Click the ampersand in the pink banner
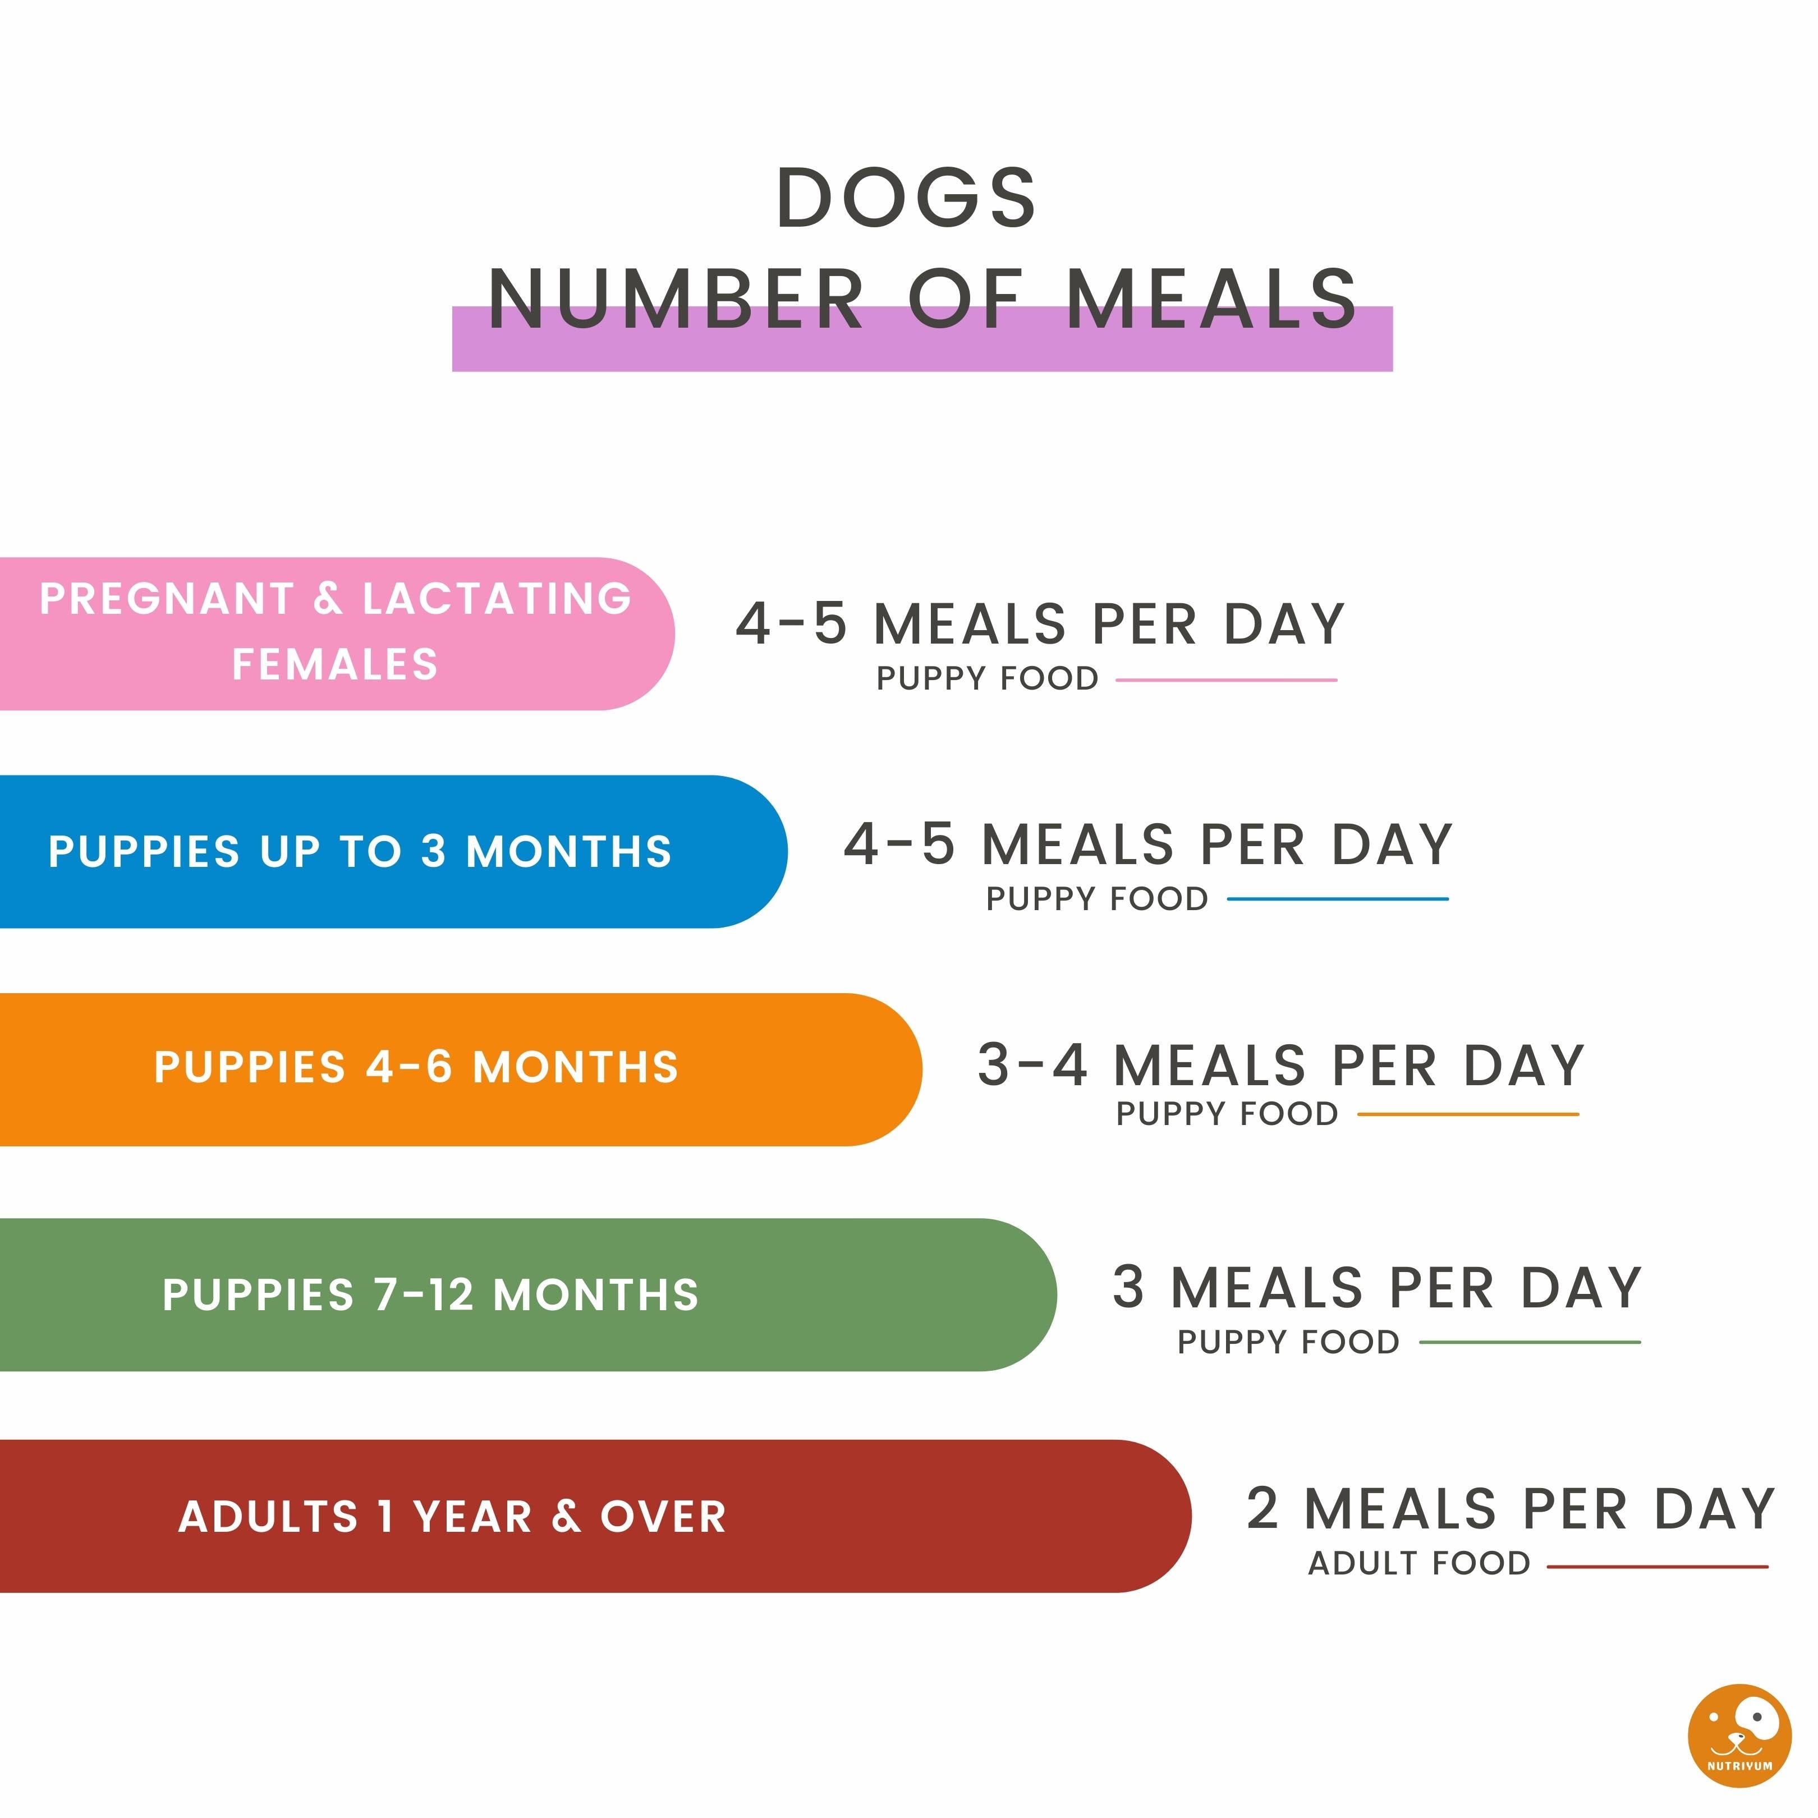(328, 599)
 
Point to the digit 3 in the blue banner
(433, 852)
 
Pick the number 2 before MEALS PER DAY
(1262, 1509)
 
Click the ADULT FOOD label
(1419, 1564)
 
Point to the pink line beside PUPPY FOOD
(1226, 680)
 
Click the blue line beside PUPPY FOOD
(1337, 899)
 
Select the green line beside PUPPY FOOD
(1529, 1342)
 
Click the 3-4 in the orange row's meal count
(1032, 1066)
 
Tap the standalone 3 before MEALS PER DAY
(1128, 1287)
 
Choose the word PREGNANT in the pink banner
(167, 599)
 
